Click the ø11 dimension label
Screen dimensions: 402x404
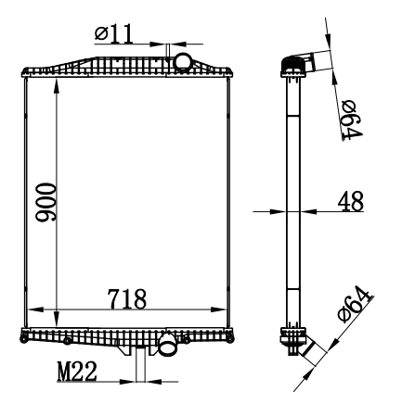(x=113, y=33)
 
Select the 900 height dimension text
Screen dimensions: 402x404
(x=45, y=202)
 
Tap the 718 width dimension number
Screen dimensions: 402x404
(x=127, y=299)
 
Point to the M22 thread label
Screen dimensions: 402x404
(x=77, y=372)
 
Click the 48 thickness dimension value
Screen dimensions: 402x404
(x=351, y=201)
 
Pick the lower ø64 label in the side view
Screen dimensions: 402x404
(x=355, y=305)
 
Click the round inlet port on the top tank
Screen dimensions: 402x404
(x=182, y=62)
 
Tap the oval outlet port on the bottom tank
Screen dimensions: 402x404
(x=167, y=347)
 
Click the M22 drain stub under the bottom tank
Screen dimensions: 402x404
(x=141, y=364)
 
